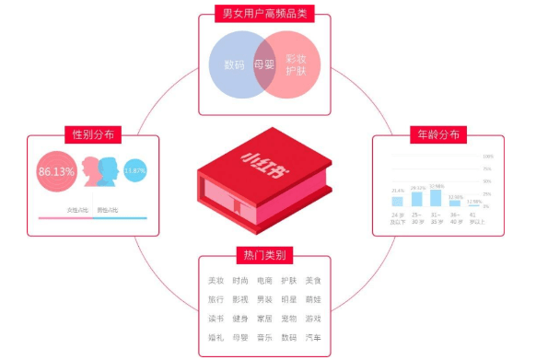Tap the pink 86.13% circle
pyautogui.click(x=57, y=171)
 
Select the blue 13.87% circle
pyautogui.click(x=134, y=171)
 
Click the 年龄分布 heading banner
pyautogui.click(x=441, y=134)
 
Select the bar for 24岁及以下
pyautogui.click(x=397, y=202)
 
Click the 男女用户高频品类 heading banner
pyautogui.click(x=264, y=14)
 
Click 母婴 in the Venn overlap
pyautogui.click(x=264, y=65)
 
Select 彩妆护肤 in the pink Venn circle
pyautogui.click(x=297, y=64)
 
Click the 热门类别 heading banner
pyautogui.click(x=264, y=255)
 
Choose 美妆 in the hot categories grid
pyautogui.click(x=216, y=281)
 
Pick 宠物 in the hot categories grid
pyautogui.click(x=288, y=319)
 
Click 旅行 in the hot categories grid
pyautogui.click(x=216, y=300)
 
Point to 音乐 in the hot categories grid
pyautogui.click(x=264, y=338)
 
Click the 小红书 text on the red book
pyautogui.click(x=262, y=158)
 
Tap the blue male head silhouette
pyautogui.click(x=108, y=170)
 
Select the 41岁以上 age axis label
pyautogui.click(x=475, y=218)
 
